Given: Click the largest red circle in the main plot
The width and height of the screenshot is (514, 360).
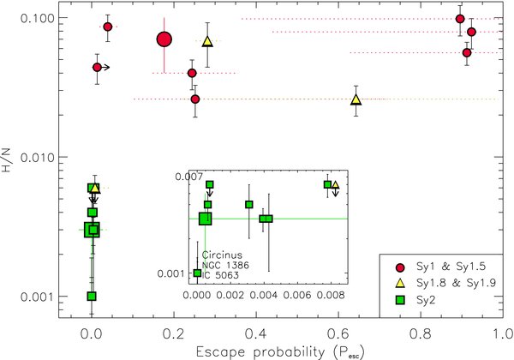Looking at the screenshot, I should [164, 39].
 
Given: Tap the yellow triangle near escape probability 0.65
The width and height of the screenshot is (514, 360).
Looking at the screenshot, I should [356, 100].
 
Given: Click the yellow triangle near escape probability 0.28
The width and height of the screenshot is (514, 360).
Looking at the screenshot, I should [206, 41].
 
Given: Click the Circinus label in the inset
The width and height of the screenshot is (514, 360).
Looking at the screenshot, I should [218, 255].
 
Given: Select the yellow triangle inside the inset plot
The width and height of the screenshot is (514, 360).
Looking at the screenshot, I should [335, 184].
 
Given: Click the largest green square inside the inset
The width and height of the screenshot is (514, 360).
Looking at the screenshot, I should [206, 219].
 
